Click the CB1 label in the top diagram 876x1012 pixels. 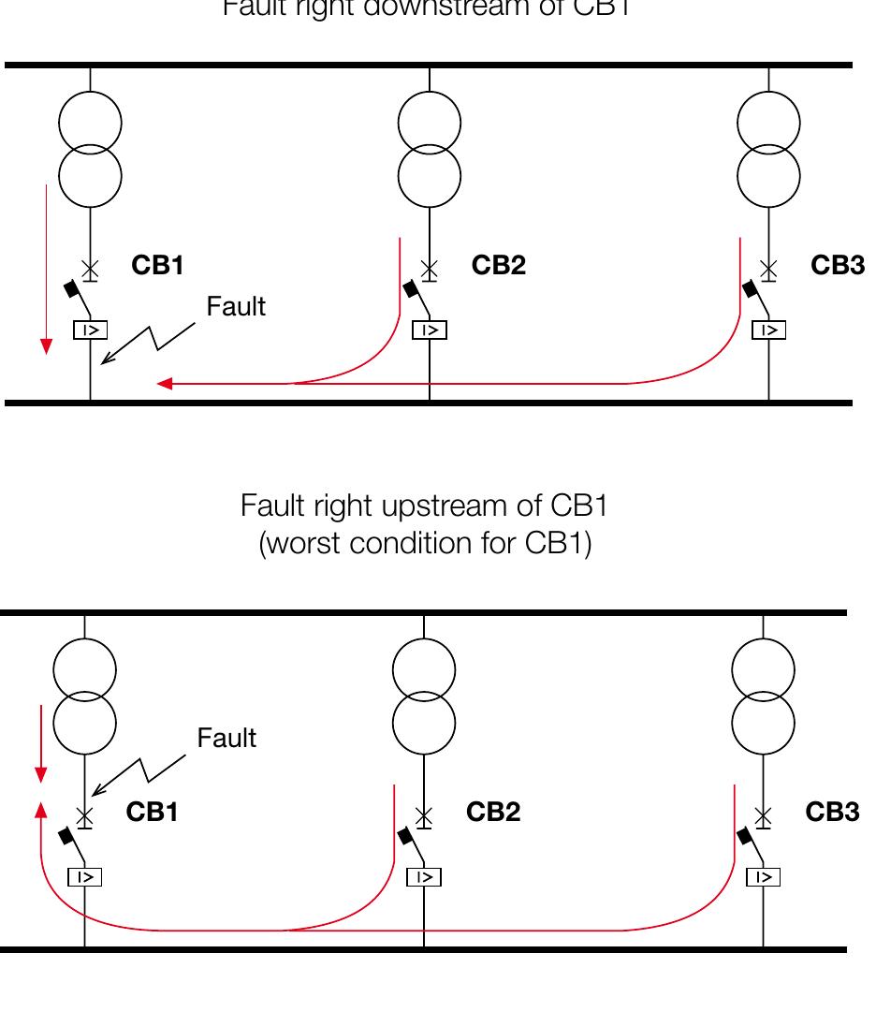pyautogui.click(x=157, y=266)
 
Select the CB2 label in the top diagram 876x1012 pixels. pyautogui.click(x=498, y=266)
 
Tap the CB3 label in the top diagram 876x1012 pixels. pyautogui.click(x=838, y=266)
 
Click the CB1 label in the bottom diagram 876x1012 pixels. pyautogui.click(x=152, y=813)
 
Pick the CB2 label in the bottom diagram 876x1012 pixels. pyautogui.click(x=492, y=813)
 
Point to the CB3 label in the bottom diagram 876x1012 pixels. pyautogui.click(x=832, y=813)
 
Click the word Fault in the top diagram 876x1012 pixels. pyautogui.click(x=236, y=306)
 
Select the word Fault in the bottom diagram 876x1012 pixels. pyautogui.click(x=226, y=739)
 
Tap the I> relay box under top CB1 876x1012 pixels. pyautogui.click(x=91, y=330)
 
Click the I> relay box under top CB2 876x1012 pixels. pyautogui.click(x=430, y=330)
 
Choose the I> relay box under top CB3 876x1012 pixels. pyautogui.click(x=769, y=330)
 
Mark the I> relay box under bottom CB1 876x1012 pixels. pyautogui.click(x=85, y=877)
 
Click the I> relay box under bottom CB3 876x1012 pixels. pyautogui.click(x=764, y=877)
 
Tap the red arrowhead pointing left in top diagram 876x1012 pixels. pyautogui.click(x=164, y=383)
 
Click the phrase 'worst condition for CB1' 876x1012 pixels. pyautogui.click(x=425, y=544)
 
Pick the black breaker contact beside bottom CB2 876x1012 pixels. pyautogui.click(x=405, y=835)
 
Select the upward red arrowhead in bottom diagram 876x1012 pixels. pyautogui.click(x=40, y=809)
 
